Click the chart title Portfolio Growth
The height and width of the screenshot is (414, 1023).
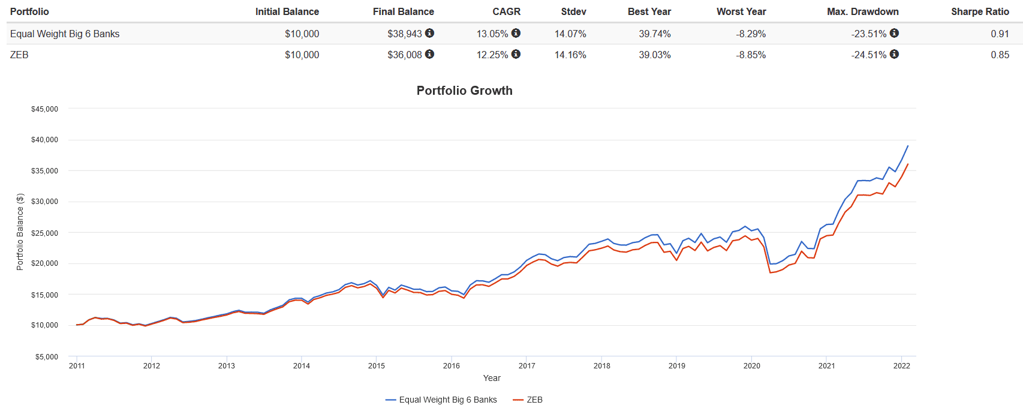click(x=464, y=91)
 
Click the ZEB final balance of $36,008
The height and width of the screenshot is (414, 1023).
click(x=405, y=55)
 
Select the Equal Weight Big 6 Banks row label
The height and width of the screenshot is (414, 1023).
click(x=65, y=34)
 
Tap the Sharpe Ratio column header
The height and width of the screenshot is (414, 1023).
click(x=980, y=11)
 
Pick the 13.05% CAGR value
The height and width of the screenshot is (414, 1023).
click(x=492, y=34)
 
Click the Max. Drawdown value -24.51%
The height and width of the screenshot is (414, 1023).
click(x=868, y=55)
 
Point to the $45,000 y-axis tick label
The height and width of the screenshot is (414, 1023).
click(x=45, y=109)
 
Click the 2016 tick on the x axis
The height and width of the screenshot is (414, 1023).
click(x=452, y=365)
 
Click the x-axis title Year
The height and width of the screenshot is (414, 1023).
click(x=492, y=378)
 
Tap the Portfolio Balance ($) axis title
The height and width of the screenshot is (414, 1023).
click(x=20, y=232)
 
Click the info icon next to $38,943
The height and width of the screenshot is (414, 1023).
click(x=430, y=33)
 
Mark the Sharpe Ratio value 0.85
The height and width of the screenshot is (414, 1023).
click(x=1000, y=55)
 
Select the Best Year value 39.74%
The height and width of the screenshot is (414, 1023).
click(x=655, y=34)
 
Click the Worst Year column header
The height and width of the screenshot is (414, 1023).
click(x=741, y=11)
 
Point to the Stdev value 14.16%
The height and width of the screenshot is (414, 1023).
click(x=570, y=55)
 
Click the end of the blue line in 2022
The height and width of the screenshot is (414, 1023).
click(x=908, y=146)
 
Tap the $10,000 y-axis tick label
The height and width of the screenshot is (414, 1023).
click(x=45, y=325)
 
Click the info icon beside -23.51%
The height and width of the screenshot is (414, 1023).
click(x=894, y=33)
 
